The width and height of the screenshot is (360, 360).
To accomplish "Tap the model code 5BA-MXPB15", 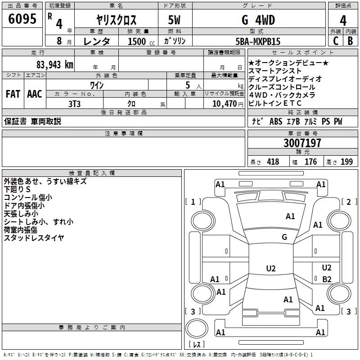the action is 258,41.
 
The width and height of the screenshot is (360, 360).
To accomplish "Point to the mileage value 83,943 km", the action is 54,65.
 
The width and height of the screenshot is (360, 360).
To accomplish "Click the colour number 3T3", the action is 74,103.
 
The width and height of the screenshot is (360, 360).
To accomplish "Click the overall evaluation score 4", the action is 343,20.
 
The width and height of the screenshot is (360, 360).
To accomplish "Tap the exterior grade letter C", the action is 335,41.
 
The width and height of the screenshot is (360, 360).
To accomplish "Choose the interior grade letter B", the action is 350,41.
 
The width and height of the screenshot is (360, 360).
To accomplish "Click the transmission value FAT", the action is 13,94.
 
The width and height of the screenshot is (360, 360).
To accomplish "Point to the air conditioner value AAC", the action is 34,94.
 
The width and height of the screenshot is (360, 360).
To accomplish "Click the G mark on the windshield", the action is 284,237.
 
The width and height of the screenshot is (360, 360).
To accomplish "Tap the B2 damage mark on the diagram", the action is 327,279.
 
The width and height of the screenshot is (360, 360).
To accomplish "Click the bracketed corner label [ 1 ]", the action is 193,202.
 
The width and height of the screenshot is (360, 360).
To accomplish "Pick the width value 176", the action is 310,162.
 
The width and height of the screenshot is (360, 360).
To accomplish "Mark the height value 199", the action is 346,162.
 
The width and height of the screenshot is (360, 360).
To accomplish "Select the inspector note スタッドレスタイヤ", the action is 34,238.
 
